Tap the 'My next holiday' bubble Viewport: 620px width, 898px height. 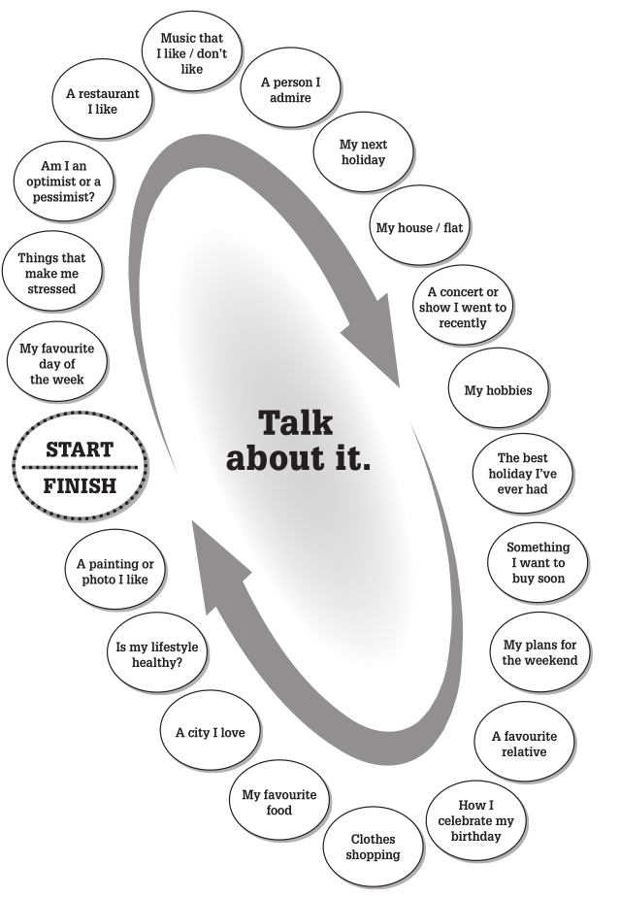(x=363, y=152)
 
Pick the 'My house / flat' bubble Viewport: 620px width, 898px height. (x=420, y=227)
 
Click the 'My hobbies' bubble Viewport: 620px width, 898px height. (x=499, y=390)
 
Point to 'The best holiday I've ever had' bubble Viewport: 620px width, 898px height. (x=523, y=474)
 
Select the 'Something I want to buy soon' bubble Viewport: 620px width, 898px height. (x=538, y=563)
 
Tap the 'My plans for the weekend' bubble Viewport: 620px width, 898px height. (x=539, y=652)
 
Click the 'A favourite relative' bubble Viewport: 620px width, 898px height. (x=524, y=744)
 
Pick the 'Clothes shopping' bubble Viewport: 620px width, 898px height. (x=374, y=847)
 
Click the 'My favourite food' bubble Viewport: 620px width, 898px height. (x=279, y=802)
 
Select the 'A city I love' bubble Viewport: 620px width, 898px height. (x=211, y=732)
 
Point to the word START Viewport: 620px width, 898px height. (x=80, y=449)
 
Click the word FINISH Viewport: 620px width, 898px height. (x=80, y=485)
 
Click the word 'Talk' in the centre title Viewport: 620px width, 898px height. (x=295, y=422)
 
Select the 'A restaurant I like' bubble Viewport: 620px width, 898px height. (x=102, y=102)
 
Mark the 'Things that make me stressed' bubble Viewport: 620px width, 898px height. (x=51, y=274)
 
